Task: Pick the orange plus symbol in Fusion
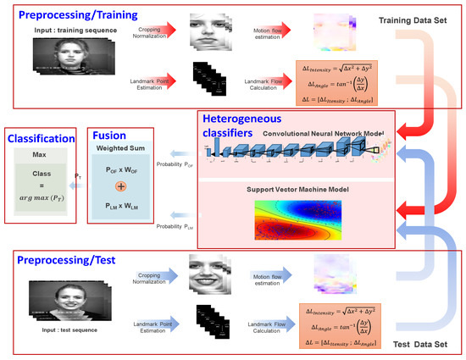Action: point(120,185)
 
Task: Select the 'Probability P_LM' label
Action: point(170,225)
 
